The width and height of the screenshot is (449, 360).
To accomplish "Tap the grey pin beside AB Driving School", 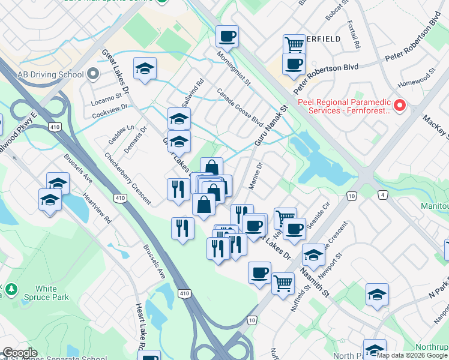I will coord(93,74).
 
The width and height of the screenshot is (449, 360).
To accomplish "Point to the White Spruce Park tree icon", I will coord(11,289).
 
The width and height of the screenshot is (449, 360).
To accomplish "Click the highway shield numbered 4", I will coord(382,194).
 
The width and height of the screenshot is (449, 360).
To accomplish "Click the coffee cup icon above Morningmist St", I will coord(228,36).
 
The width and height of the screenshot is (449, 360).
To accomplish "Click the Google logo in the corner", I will coord(19,353).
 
